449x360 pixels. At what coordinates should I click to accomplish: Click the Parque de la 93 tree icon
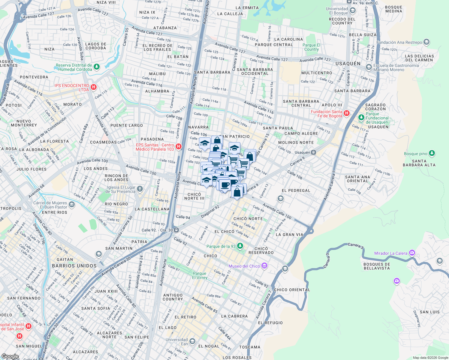coord(240,246)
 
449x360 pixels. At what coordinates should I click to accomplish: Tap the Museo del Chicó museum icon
coord(264,266)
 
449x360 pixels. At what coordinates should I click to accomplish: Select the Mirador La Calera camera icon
coord(412,253)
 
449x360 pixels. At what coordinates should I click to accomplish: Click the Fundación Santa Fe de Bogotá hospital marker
coord(347,113)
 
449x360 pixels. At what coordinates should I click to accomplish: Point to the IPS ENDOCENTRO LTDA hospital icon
coord(93,87)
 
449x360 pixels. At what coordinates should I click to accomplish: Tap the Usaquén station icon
coord(313,152)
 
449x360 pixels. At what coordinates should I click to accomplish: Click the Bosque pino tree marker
coord(432,153)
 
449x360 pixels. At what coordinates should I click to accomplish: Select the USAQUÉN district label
coord(348,64)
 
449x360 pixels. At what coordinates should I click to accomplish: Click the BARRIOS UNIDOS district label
coord(74,266)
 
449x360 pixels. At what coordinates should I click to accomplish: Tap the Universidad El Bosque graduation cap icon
coord(353,10)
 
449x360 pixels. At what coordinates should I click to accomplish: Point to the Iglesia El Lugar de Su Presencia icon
coord(140,189)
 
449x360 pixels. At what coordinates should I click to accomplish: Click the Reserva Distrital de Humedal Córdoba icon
coord(96,67)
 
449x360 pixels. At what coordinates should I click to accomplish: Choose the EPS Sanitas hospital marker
coord(179,147)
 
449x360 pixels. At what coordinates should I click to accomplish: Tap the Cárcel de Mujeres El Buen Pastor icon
coord(71,205)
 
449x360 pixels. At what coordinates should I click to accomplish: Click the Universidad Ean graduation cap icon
coord(192,341)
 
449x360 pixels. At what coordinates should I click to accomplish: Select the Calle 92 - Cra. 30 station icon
coord(176,230)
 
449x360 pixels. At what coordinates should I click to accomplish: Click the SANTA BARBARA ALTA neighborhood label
coord(419,163)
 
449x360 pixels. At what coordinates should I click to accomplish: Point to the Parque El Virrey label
coord(200,275)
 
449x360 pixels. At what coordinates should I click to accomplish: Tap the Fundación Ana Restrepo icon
coord(426,42)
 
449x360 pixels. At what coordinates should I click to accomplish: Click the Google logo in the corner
coord(10,356)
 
